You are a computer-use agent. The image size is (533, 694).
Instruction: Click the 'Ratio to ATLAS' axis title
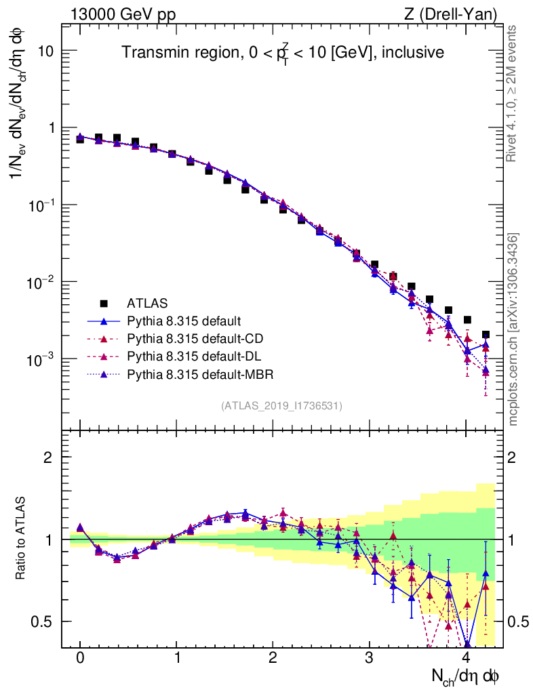[x=22, y=539]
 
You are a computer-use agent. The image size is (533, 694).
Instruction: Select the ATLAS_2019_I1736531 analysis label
[x=281, y=406]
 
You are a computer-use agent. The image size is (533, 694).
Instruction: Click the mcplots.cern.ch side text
[x=513, y=329]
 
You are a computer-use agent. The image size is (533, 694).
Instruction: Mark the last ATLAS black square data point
[x=486, y=334]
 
